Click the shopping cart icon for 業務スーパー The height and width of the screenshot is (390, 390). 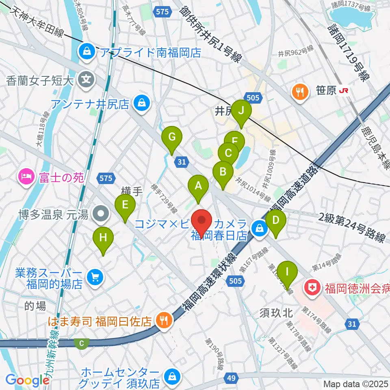click(95, 278)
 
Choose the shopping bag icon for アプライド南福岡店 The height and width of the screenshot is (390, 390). click(87, 51)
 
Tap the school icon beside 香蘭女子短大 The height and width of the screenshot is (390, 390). click(86, 78)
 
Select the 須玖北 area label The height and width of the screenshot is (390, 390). click(276, 313)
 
